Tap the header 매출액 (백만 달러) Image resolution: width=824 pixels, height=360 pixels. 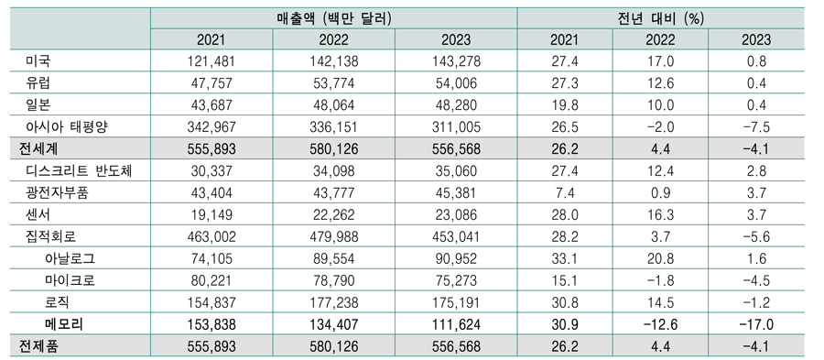tap(332, 16)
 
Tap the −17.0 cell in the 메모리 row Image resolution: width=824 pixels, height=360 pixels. tap(758, 322)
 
